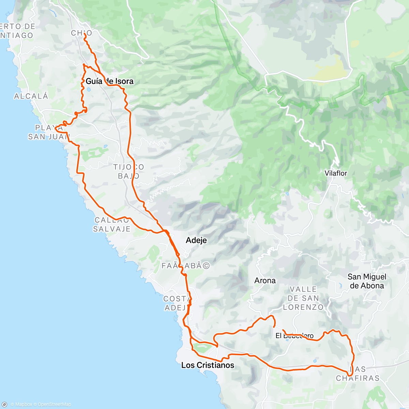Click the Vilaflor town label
[x=336, y=173]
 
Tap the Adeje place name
[x=196, y=240]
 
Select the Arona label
[x=265, y=281]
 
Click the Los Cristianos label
[x=208, y=365]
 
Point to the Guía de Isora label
[x=109, y=81]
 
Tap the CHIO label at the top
[x=81, y=33]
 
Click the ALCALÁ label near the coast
[x=31, y=96]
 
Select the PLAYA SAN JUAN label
[x=48, y=132]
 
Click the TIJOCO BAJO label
[x=128, y=171]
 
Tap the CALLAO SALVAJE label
[x=112, y=225]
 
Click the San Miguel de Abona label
[x=367, y=281]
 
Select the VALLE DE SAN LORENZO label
[x=303, y=298]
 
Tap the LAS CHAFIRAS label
[x=358, y=374]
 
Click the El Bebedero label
[x=294, y=336]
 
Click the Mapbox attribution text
[x=23, y=405]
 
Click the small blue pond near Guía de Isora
[x=88, y=90]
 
